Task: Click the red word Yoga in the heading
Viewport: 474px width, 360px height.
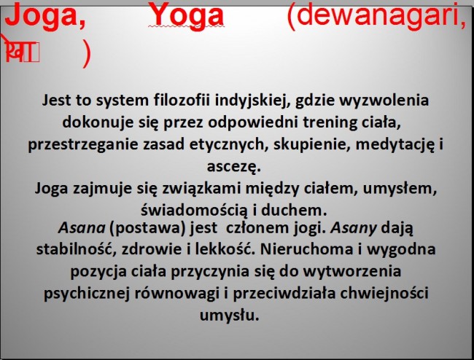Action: coord(185,15)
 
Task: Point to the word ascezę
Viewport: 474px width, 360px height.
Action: coord(237,166)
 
